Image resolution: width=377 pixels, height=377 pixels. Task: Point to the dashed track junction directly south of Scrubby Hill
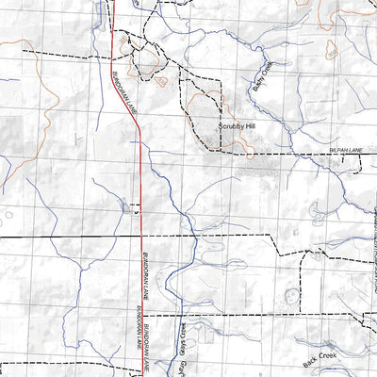pyautogui.click(x=223, y=152)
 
